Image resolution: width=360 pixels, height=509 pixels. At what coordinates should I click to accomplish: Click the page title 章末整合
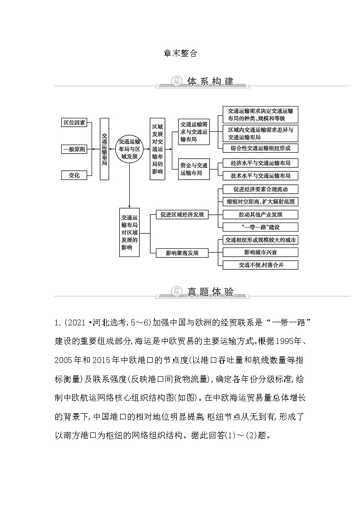pyautogui.click(x=180, y=53)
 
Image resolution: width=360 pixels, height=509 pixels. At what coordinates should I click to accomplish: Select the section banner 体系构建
pyautogui.click(x=210, y=82)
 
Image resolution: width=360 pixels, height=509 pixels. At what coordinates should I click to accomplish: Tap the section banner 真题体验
pyautogui.click(x=210, y=292)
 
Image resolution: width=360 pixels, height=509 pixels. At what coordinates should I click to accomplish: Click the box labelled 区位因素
pyautogui.click(x=73, y=122)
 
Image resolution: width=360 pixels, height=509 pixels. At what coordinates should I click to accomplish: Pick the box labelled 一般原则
pyautogui.click(x=73, y=149)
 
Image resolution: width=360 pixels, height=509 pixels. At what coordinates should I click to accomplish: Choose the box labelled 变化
pyautogui.click(x=73, y=175)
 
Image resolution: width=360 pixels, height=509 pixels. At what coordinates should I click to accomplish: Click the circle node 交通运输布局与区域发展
pyautogui.click(x=129, y=148)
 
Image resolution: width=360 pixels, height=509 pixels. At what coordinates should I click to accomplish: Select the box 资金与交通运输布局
pyautogui.click(x=194, y=169)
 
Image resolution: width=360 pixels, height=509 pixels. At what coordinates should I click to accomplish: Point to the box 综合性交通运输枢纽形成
pyautogui.click(x=260, y=148)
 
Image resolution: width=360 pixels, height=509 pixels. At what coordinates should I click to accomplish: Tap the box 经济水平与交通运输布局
pyautogui.click(x=260, y=163)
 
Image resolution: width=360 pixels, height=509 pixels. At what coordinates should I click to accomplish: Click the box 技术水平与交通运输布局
pyautogui.click(x=260, y=175)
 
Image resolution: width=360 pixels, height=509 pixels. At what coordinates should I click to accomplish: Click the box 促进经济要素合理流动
pyautogui.click(x=260, y=189)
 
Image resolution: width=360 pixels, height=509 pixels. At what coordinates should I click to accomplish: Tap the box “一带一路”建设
pyautogui.click(x=260, y=227)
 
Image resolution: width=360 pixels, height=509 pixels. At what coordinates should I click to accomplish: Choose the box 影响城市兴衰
pyautogui.click(x=260, y=252)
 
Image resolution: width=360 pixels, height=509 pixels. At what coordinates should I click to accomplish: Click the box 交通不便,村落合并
pyautogui.click(x=260, y=265)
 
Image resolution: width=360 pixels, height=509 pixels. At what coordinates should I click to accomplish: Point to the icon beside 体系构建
pyautogui.click(x=175, y=82)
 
